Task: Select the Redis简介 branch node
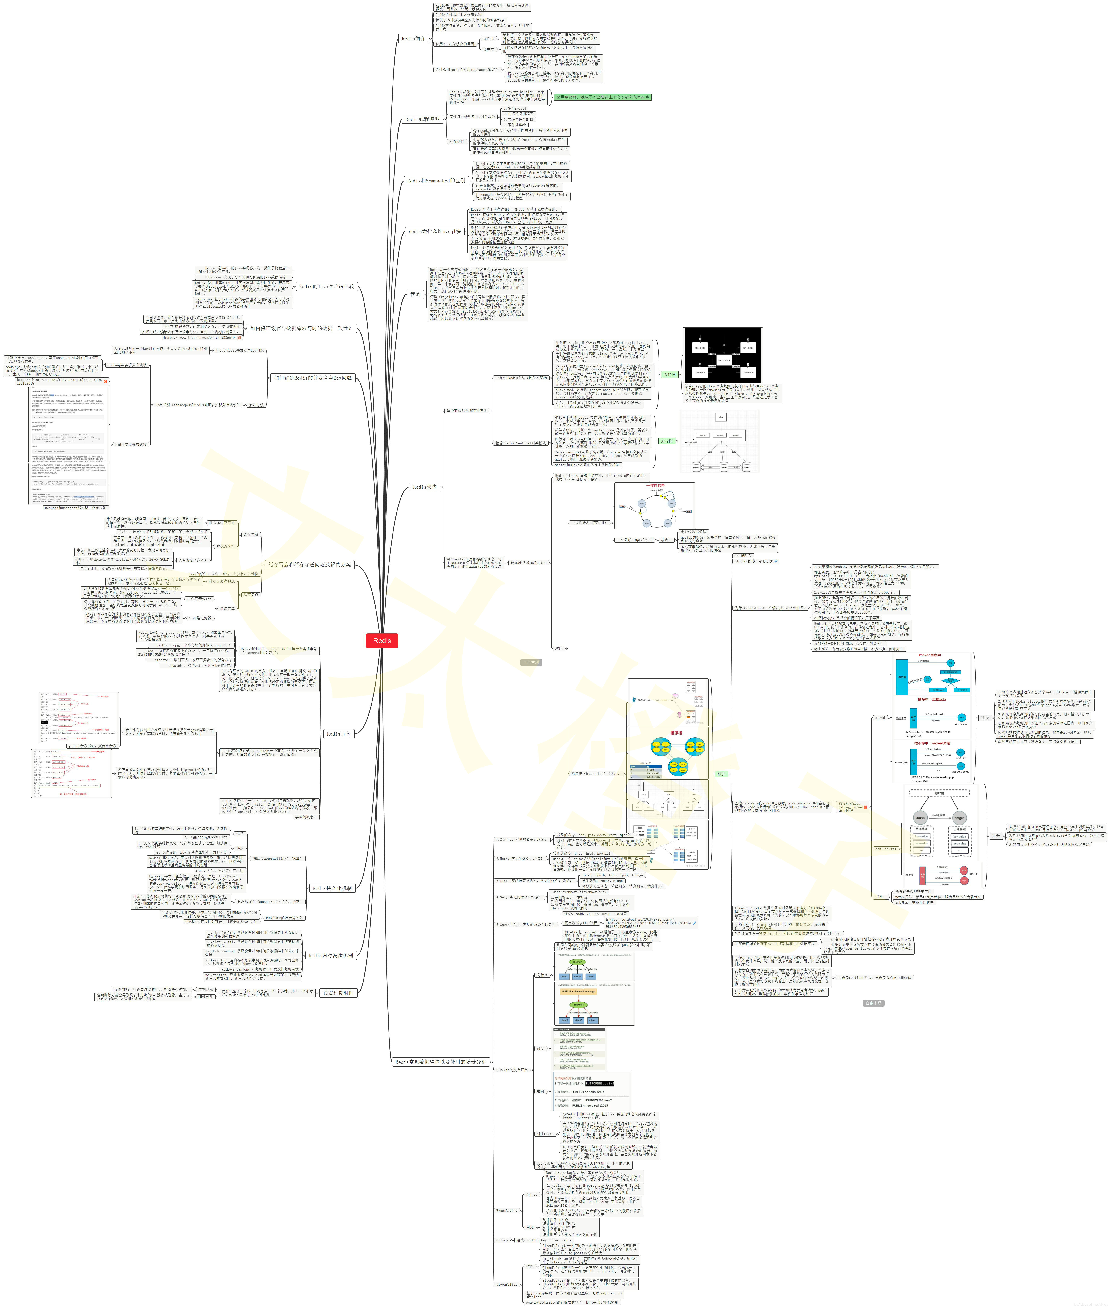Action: tap(414, 38)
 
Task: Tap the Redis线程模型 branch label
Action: tap(422, 119)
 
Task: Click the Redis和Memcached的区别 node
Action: tap(436, 181)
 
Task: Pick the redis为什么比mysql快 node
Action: tap(434, 232)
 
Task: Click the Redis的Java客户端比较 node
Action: tap(326, 286)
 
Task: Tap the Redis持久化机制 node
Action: tap(332, 888)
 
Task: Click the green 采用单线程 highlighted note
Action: tap(602, 98)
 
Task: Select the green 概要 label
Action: tap(722, 774)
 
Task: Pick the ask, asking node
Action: tap(886, 849)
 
